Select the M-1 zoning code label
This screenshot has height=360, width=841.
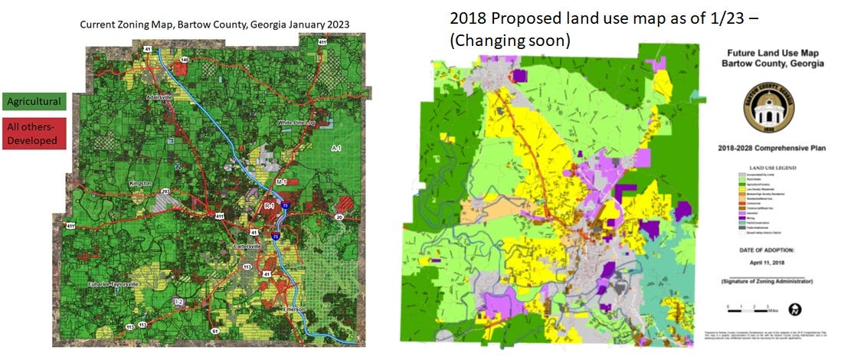280,182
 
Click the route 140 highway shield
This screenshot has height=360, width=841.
185,59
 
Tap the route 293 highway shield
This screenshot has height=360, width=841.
164,191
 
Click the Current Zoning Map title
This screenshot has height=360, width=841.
214,25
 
